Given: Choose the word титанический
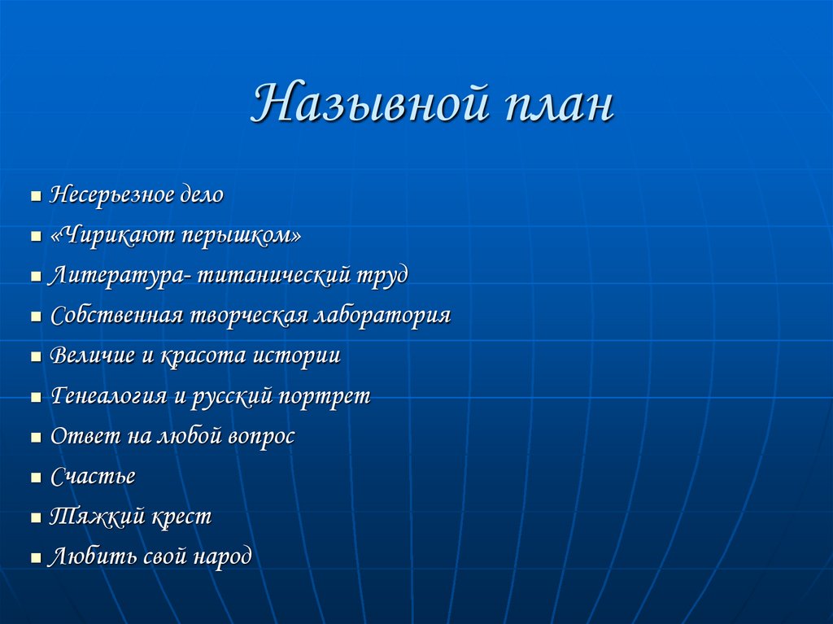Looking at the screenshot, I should pyautogui.click(x=273, y=275).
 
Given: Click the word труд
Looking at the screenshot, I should pyautogui.click(x=382, y=275).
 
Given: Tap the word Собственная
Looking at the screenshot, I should pyautogui.click(x=116, y=316).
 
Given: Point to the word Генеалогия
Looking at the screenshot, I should pyautogui.click(x=110, y=396).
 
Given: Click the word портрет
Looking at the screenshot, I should pyautogui.click(x=324, y=396).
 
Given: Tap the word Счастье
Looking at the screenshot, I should pyautogui.click(x=93, y=477).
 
